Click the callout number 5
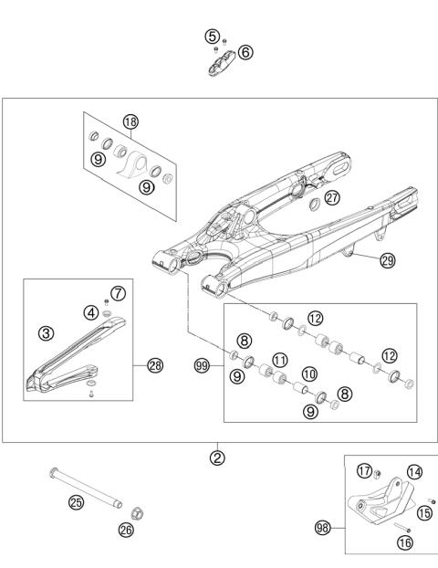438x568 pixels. click(x=212, y=37)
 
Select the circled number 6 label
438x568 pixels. click(x=245, y=52)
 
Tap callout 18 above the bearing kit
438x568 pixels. click(x=130, y=121)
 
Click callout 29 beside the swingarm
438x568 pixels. click(x=387, y=260)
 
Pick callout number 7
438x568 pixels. click(x=117, y=293)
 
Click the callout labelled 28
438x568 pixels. click(x=154, y=365)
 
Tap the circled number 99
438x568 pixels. click(x=202, y=365)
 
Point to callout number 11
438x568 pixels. click(x=280, y=359)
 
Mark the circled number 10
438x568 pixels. click(x=308, y=373)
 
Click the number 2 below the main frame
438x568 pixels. click(x=217, y=458)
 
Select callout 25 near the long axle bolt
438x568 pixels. click(x=76, y=501)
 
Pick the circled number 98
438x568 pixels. click(x=321, y=527)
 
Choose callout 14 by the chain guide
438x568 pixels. click(x=414, y=472)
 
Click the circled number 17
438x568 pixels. click(x=365, y=472)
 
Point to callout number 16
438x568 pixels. click(x=404, y=542)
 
